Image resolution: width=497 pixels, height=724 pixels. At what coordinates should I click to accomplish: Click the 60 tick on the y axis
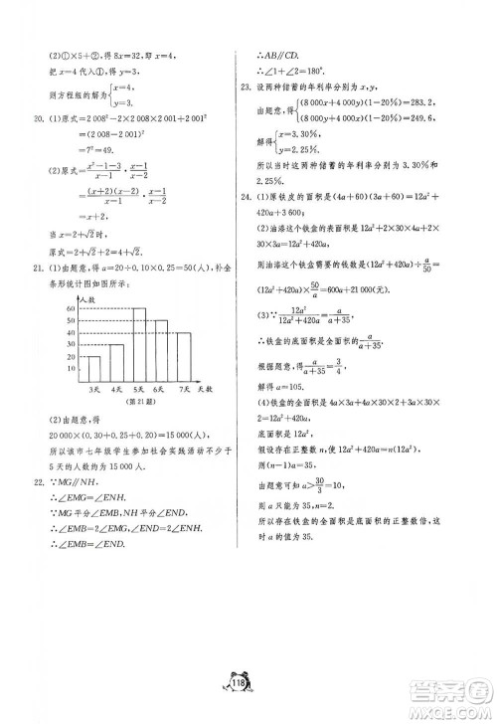pos(72,308)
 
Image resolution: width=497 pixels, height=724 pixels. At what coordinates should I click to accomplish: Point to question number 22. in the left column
pos(39,484)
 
